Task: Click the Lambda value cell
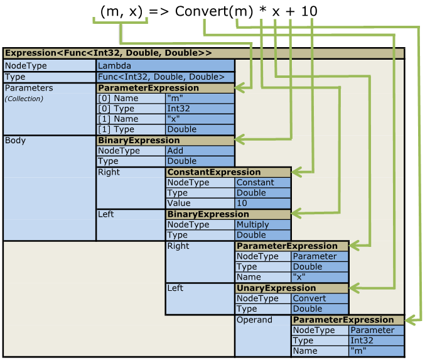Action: [x=165, y=66]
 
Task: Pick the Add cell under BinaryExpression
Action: [x=200, y=151]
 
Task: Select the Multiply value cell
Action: [x=262, y=224]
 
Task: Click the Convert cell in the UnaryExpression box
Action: [x=320, y=298]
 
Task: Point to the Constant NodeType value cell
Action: [x=262, y=182]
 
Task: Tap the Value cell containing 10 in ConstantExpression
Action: [x=262, y=204]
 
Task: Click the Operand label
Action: [x=254, y=320]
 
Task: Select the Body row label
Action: [x=16, y=140]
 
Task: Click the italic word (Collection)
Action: [x=24, y=99]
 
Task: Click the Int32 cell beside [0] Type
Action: [x=200, y=108]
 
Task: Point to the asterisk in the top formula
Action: [x=262, y=11]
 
